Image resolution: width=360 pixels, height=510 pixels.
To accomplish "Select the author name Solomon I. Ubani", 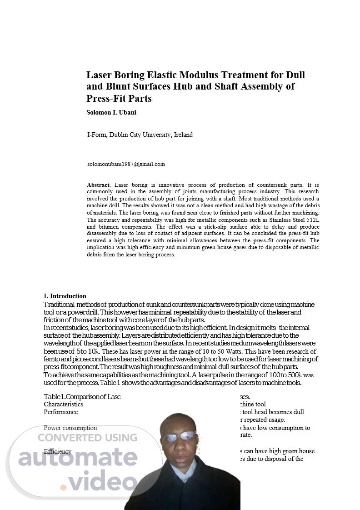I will (x=111, y=113).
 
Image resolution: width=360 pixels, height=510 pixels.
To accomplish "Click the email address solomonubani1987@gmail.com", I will (x=126, y=164).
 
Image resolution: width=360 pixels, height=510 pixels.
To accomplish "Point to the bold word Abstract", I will (x=98, y=185).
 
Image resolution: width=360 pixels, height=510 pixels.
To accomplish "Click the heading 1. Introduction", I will (x=65, y=296).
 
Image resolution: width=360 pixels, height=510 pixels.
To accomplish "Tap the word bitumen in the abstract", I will (x=110, y=227).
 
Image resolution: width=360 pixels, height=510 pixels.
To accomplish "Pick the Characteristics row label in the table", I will (x=64, y=404).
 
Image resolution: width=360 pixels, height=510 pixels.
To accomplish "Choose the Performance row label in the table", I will (x=61, y=412).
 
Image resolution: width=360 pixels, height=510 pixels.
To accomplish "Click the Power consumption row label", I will (x=70, y=428).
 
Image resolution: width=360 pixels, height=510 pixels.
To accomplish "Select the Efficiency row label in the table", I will (x=58, y=451).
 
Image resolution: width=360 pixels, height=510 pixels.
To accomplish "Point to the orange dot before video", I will (x=64, y=487).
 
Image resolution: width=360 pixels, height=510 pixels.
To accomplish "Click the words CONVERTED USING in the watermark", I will (x=87, y=438).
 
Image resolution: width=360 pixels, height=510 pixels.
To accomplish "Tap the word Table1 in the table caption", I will (x=54, y=396).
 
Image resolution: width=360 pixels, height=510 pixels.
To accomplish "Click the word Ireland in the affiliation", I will (x=183, y=135).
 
